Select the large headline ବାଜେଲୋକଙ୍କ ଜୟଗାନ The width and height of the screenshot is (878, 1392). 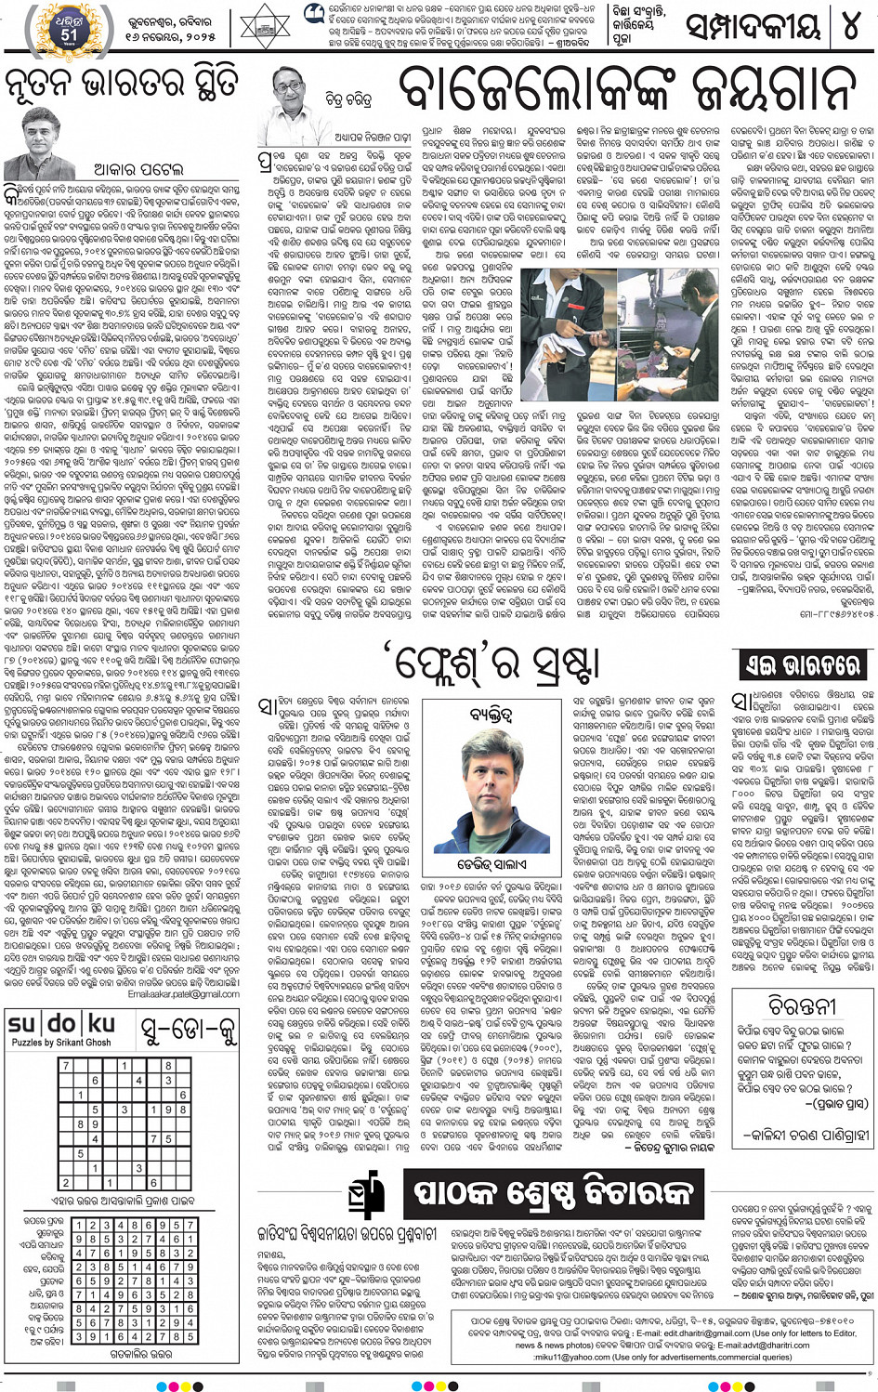pyautogui.click(x=627, y=89)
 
